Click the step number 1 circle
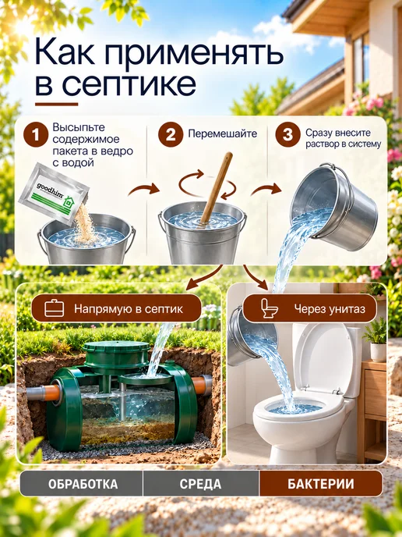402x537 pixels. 36,134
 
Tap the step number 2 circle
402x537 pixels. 171,134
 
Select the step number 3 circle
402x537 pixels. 287,134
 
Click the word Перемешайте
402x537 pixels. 223,133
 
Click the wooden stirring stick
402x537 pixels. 217,187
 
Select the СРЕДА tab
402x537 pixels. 201,484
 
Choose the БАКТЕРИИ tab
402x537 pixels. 321,484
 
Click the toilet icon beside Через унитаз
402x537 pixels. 269,308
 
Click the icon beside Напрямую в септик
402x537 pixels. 55,308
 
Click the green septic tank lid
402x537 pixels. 116,353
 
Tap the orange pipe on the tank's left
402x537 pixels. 51,393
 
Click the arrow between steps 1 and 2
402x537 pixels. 144,190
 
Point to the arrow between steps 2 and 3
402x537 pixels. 266,190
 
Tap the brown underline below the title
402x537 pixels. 56,104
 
